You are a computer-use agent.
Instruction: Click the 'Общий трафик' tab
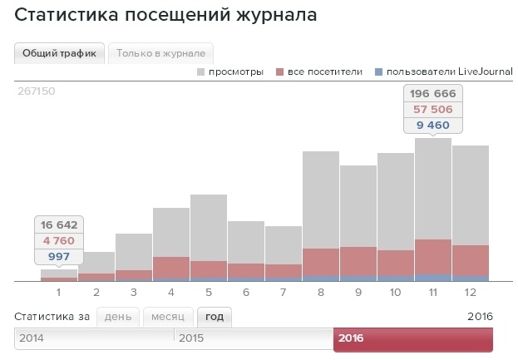click(58, 53)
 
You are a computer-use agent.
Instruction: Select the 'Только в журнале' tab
click(161, 53)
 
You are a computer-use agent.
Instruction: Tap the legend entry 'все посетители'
click(324, 72)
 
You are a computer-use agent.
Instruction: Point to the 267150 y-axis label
click(36, 91)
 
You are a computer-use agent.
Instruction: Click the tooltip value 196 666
click(433, 94)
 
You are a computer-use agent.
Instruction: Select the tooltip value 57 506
click(433, 110)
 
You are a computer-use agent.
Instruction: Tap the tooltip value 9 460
click(433, 125)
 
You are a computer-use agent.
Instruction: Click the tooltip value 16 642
click(58, 225)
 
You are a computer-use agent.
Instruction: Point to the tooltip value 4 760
click(58, 241)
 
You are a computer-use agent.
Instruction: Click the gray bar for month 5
click(209, 226)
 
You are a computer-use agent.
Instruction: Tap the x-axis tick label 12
click(471, 292)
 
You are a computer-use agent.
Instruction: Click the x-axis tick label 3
click(134, 292)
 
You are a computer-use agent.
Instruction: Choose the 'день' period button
click(117, 317)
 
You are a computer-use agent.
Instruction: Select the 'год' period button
click(215, 317)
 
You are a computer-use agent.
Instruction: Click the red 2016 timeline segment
click(413, 339)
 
